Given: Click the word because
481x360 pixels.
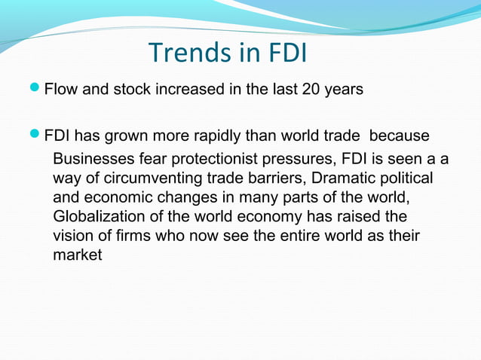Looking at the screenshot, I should [399, 137].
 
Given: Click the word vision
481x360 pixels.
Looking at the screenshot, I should [71, 236].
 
